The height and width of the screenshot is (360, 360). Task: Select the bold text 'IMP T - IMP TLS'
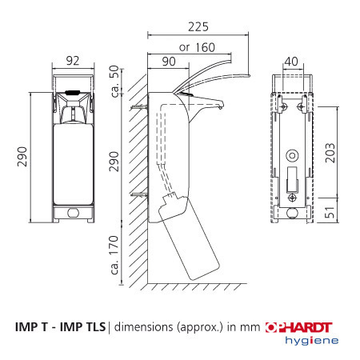coord(60,327)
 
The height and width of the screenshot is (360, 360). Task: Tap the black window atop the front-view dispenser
coord(74,94)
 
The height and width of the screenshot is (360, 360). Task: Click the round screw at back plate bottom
coord(291,197)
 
